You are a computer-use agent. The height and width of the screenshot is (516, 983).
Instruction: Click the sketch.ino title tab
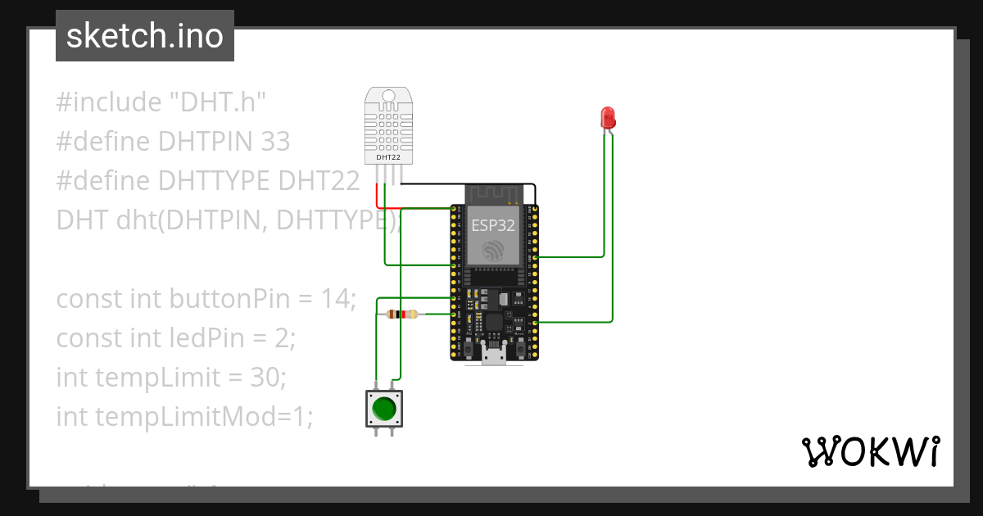click(145, 36)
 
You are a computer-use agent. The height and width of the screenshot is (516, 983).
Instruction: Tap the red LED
click(608, 117)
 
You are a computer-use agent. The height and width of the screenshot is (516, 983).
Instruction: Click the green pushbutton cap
click(383, 408)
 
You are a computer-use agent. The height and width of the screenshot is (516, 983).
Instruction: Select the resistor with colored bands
click(401, 315)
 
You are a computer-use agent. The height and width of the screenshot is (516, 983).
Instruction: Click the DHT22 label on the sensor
click(387, 156)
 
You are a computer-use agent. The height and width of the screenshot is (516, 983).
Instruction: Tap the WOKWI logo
click(870, 451)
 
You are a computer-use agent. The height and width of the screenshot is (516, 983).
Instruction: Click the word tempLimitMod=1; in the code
click(205, 416)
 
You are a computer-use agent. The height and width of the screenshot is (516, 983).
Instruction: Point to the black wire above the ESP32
click(467, 184)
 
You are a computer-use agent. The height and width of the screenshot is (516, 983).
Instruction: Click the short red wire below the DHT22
click(378, 197)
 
